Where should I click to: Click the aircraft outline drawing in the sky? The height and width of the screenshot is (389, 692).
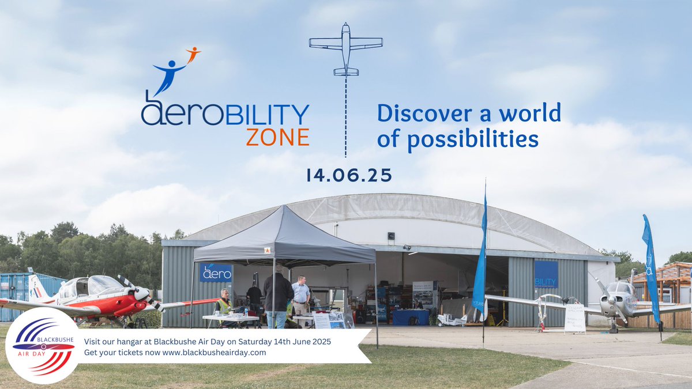346,49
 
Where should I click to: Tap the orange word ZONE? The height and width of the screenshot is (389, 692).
277,137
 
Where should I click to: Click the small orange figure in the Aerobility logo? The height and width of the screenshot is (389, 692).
193,54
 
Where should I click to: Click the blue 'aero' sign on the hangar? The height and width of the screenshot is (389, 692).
216,272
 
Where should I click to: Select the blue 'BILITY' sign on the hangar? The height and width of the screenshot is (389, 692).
546,274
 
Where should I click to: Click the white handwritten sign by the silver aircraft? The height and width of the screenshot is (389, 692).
575,318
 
